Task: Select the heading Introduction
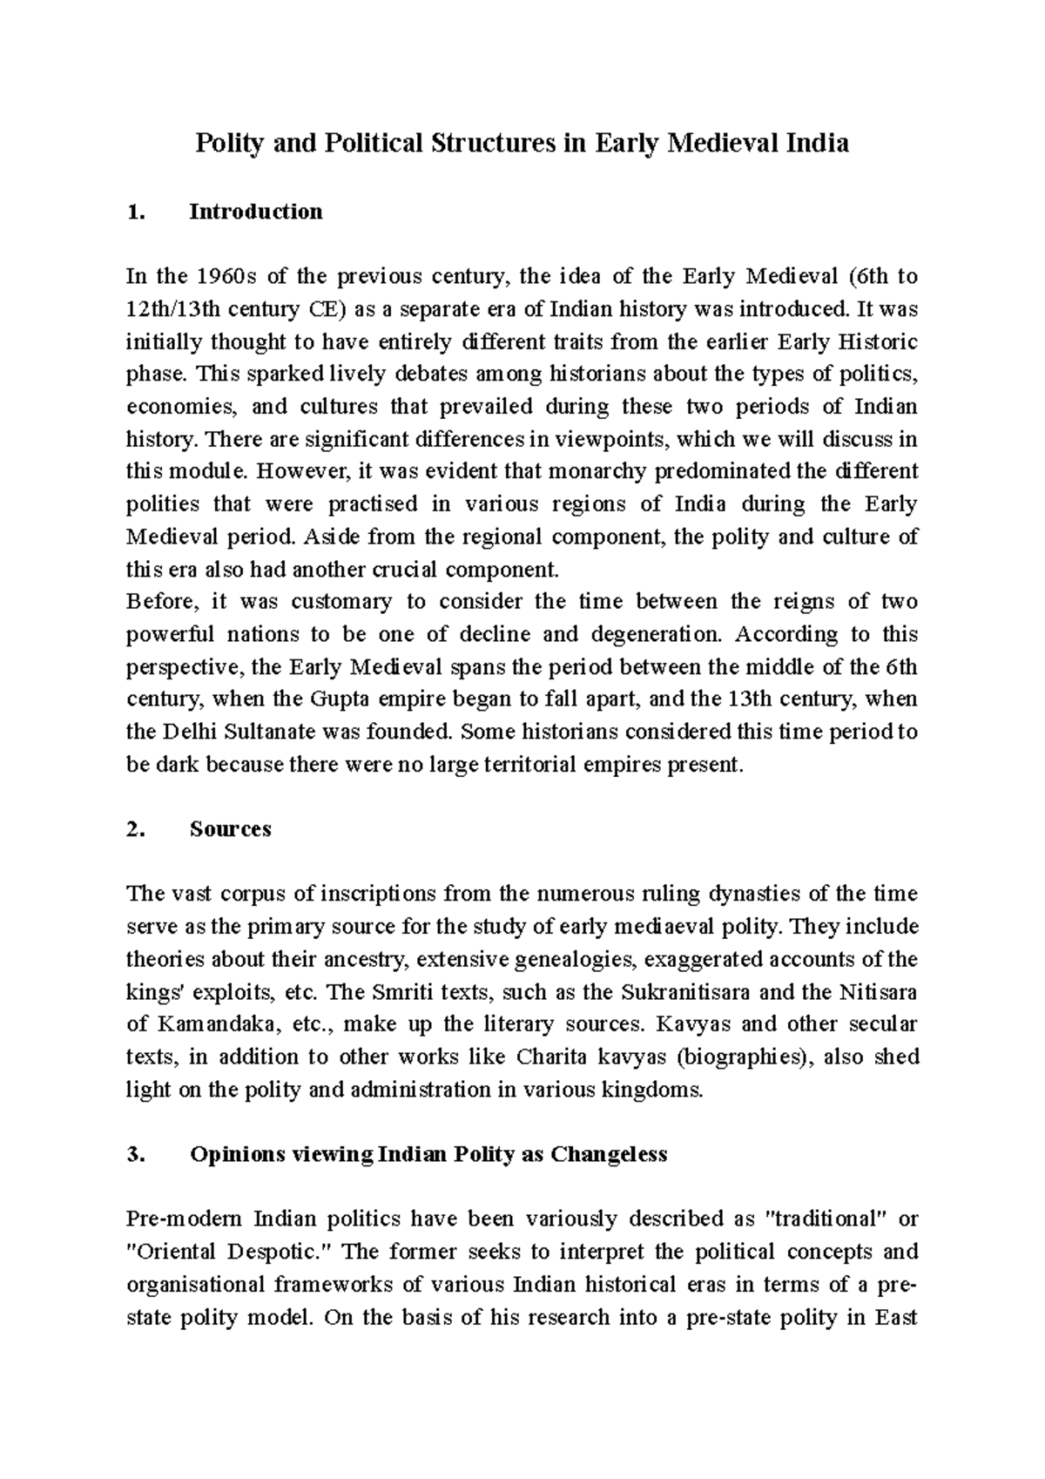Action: [x=256, y=212]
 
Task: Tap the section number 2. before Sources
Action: [x=134, y=828]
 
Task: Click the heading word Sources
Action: [x=231, y=828]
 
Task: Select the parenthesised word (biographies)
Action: [x=740, y=1057]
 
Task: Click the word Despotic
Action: [x=283, y=1252]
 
